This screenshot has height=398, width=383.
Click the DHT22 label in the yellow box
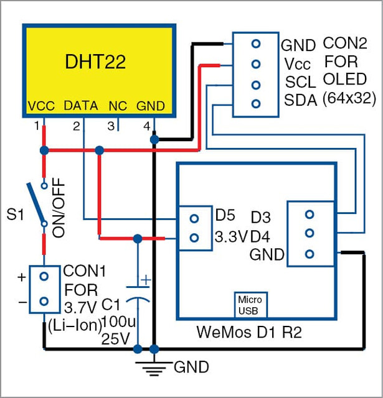(95, 62)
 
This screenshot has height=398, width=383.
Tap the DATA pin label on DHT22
(81, 106)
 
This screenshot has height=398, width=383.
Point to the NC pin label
(118, 106)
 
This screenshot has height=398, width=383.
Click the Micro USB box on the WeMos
(250, 305)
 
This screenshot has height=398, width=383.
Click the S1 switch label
(15, 215)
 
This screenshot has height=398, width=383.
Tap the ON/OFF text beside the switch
(59, 208)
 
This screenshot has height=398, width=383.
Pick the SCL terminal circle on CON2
(256, 85)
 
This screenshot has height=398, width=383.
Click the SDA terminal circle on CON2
(256, 104)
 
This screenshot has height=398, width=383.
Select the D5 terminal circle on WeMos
(194, 219)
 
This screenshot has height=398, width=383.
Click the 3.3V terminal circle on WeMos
(194, 238)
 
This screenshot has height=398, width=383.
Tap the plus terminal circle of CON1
(44, 276)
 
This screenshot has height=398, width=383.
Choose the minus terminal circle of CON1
(44, 301)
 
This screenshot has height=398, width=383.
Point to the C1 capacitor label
(111, 305)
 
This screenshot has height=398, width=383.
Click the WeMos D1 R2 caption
(249, 331)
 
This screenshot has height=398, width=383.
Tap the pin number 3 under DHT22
(111, 126)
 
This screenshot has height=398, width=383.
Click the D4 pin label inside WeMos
(260, 237)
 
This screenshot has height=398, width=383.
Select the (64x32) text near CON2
(349, 98)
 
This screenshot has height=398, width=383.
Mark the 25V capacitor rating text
(115, 338)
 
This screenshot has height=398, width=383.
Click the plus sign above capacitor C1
(146, 280)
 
